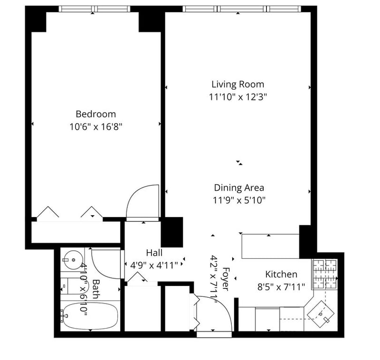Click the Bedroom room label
tap(96, 114)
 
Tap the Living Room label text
tap(238, 85)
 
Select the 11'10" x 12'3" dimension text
tap(238, 97)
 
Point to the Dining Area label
tap(239, 188)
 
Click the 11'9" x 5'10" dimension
tap(239, 200)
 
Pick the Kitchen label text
tap(281, 274)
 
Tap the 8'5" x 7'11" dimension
tap(281, 287)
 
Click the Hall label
tap(154, 253)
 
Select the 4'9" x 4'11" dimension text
tap(154, 265)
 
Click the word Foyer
tap(226, 279)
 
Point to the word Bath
tap(96, 289)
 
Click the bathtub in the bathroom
tap(90, 316)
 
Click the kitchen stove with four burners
tap(325, 274)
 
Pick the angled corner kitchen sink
tap(321, 314)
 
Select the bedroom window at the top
tap(95, 9)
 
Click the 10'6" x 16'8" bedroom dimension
tap(96, 127)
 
